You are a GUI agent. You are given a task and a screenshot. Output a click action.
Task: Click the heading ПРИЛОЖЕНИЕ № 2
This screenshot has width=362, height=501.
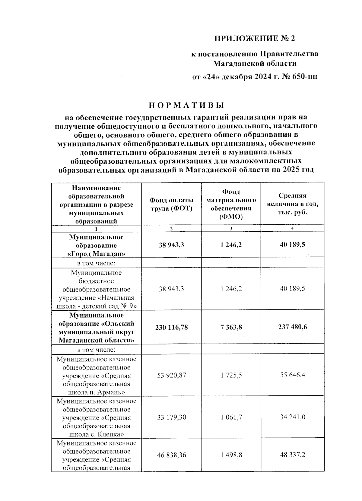[x=254, y=38]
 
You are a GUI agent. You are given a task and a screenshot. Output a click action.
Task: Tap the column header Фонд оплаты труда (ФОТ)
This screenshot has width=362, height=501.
[x=171, y=204]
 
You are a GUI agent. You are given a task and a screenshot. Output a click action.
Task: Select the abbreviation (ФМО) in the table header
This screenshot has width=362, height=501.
[x=231, y=217]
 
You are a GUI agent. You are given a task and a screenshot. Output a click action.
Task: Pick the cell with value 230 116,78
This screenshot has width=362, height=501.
[x=171, y=327]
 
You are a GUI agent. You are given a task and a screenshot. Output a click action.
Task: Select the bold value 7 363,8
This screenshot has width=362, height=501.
[x=231, y=327]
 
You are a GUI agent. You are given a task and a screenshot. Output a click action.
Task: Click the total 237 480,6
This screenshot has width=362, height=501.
[x=292, y=327]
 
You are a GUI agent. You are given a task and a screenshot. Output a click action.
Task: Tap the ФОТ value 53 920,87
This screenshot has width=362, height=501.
[x=171, y=375]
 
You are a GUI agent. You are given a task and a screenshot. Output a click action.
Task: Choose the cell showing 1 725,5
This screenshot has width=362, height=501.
[x=231, y=375]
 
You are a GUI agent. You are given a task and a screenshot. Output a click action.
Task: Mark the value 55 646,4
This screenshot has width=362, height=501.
[x=292, y=375]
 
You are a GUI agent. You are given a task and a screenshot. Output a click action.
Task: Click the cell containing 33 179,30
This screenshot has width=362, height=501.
[x=171, y=417]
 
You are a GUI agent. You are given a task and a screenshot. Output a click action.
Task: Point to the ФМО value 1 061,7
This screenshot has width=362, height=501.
[x=231, y=417]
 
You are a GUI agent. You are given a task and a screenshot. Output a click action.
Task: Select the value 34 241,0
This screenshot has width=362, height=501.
[x=292, y=417]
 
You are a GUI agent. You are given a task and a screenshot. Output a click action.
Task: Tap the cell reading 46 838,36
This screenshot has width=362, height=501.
[x=171, y=455]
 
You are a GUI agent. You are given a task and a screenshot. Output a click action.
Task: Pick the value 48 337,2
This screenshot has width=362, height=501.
[x=292, y=455]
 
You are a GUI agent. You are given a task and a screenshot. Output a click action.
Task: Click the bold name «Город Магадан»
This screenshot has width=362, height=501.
[x=96, y=254]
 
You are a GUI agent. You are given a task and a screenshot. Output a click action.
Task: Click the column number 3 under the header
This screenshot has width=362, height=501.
[x=231, y=229]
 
